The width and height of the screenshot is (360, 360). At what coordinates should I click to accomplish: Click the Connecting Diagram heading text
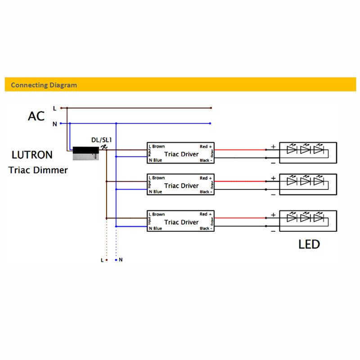[x=44, y=85]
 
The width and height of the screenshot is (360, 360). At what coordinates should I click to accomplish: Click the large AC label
[x=36, y=116]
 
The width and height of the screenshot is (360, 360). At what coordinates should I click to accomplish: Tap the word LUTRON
[x=32, y=155]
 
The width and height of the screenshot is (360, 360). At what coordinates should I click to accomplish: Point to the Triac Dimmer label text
[x=38, y=170]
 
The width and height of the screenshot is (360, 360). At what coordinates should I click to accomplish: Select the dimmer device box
[x=85, y=153]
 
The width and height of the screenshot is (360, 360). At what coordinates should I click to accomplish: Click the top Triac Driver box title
[x=181, y=154]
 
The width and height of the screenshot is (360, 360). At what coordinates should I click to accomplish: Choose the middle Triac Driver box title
[x=181, y=185]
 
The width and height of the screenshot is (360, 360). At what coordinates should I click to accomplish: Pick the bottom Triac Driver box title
[x=181, y=222]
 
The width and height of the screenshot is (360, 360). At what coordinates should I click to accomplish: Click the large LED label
[x=309, y=244]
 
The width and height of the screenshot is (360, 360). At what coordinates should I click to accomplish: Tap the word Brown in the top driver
[x=158, y=147]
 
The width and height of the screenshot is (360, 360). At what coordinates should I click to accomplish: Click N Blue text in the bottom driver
[x=155, y=229]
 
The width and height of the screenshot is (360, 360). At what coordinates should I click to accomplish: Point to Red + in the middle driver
[x=206, y=178]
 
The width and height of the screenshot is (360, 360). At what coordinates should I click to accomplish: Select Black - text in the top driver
[x=206, y=161]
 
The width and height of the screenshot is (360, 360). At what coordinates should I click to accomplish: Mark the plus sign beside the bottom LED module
[x=273, y=215]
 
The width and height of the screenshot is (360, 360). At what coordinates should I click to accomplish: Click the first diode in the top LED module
[x=291, y=150]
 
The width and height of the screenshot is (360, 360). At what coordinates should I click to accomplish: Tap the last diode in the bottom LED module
[x=319, y=218]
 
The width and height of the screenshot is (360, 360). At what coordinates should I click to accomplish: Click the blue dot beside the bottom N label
[x=116, y=260]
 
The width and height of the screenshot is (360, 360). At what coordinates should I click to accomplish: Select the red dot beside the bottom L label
[x=106, y=260]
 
